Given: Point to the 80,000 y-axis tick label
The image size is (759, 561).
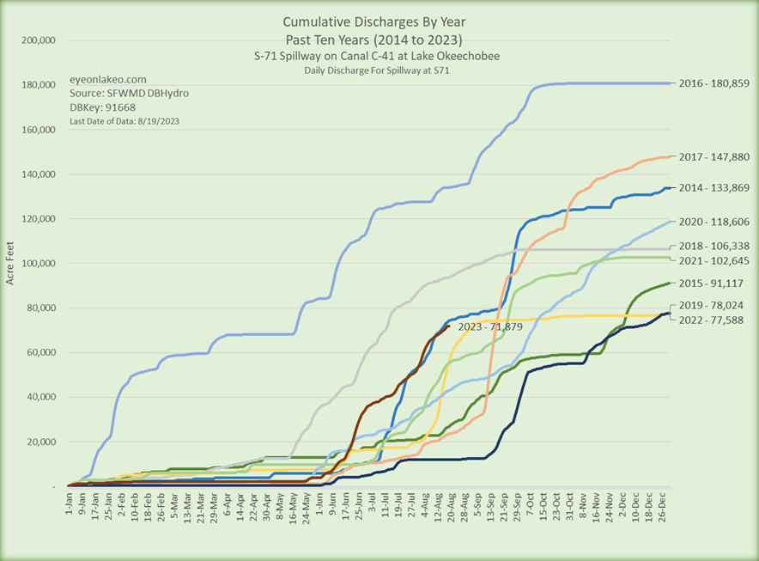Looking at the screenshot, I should [39, 308].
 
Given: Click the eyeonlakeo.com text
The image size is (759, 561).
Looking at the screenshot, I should [101, 78].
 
